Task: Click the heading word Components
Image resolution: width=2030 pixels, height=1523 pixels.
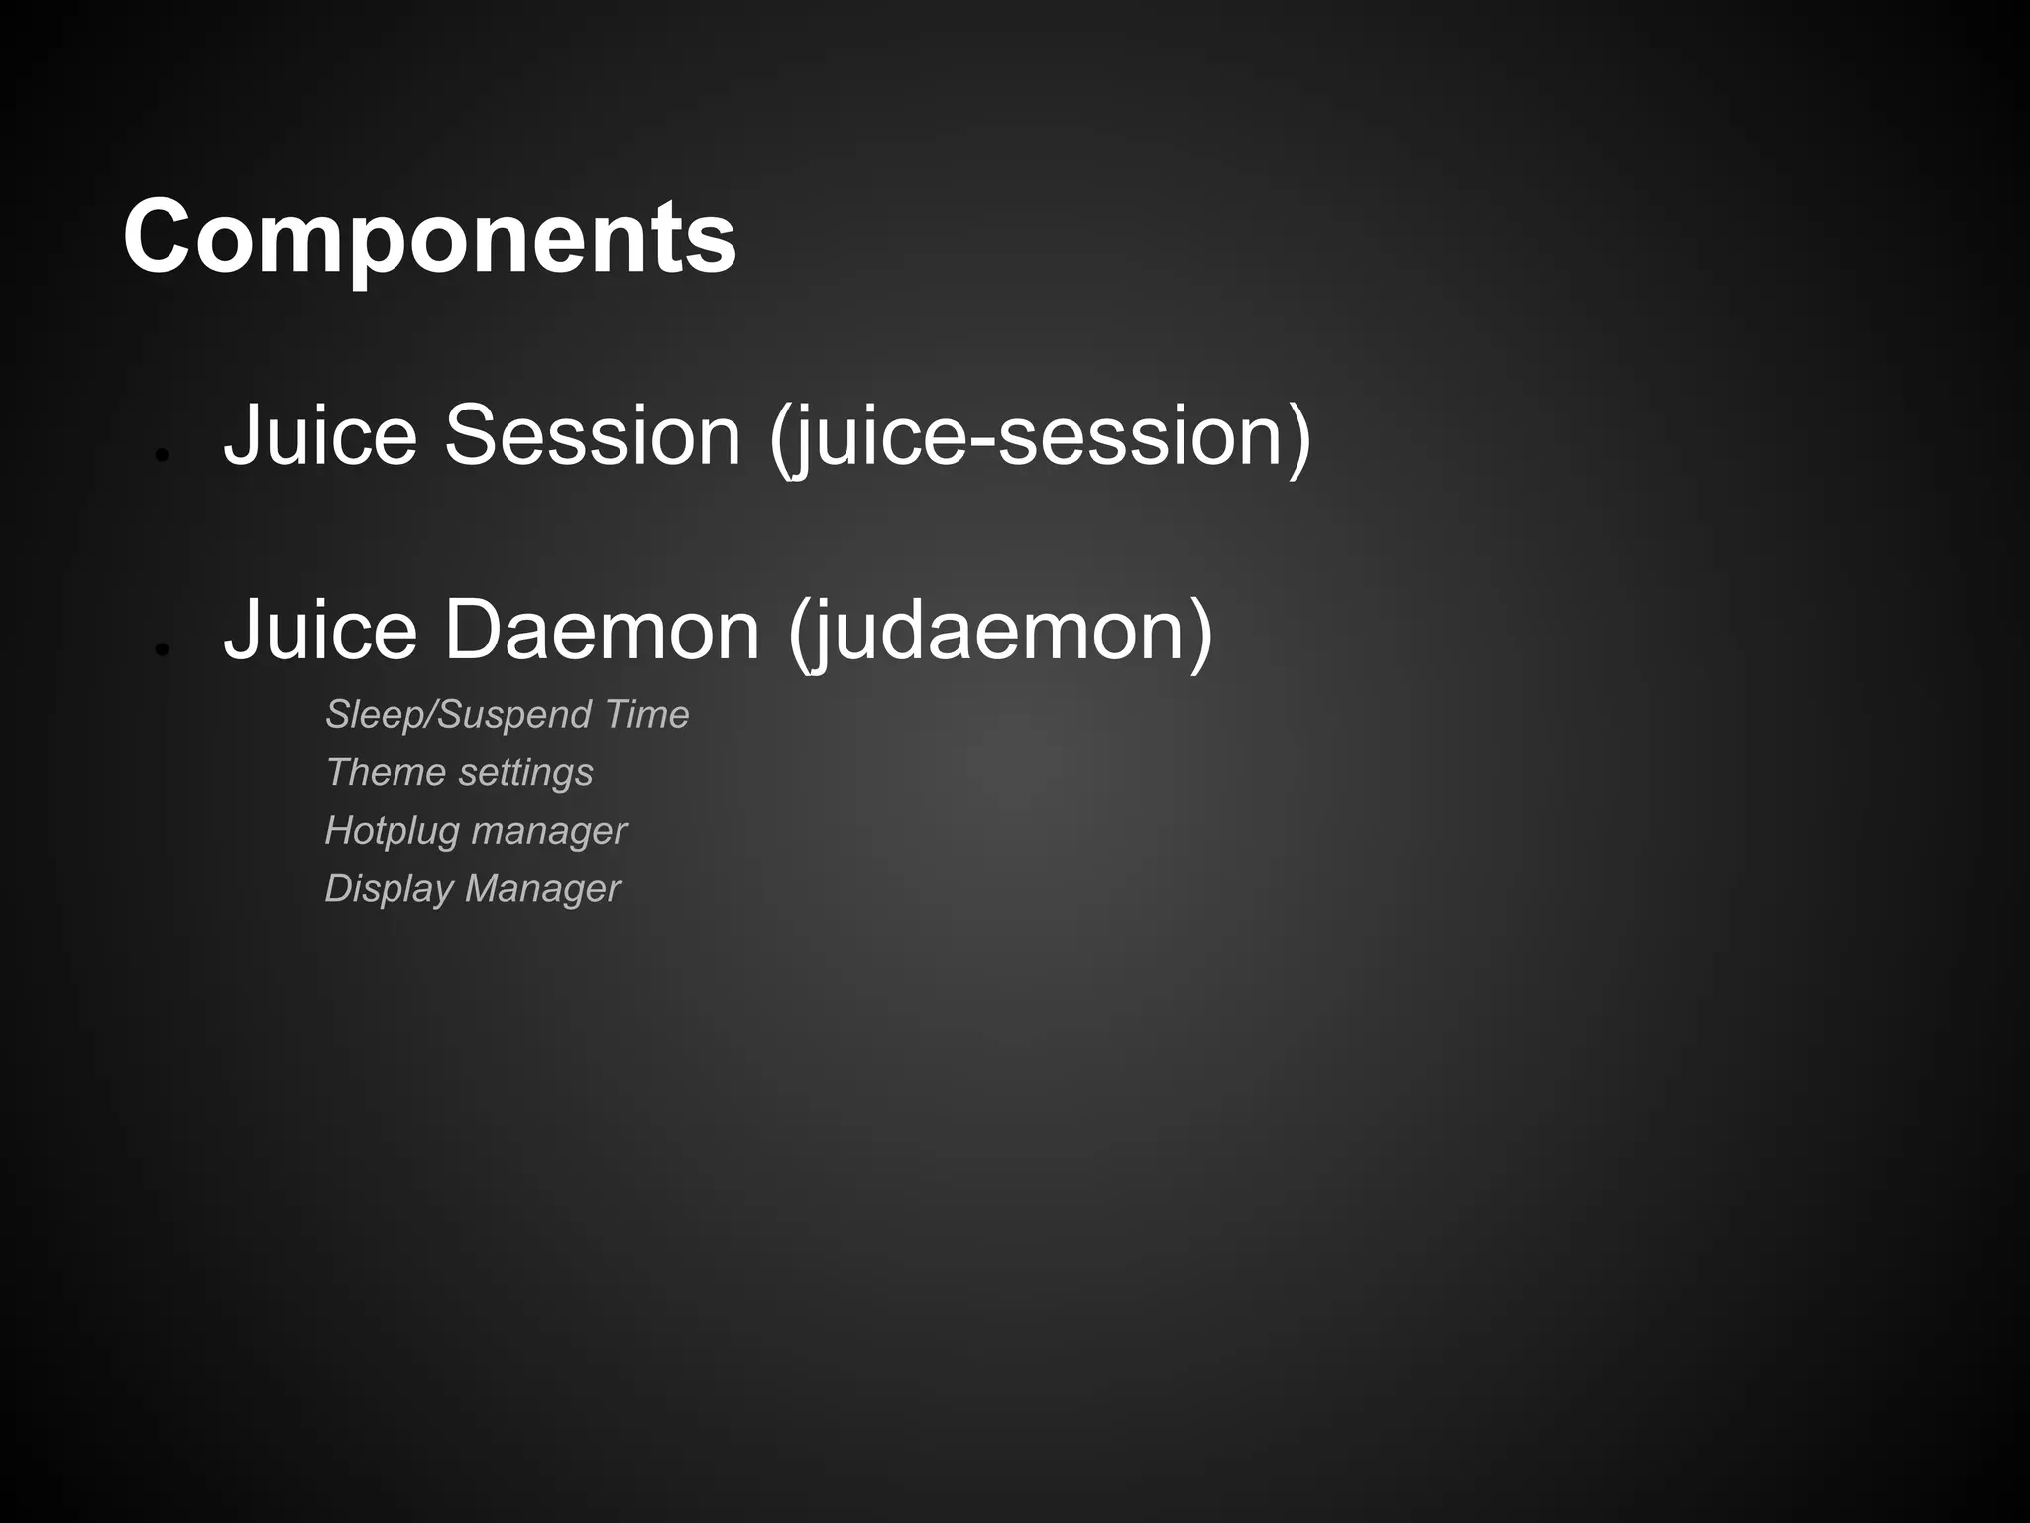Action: (x=429, y=238)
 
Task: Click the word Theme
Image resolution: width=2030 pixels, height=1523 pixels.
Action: (x=386, y=772)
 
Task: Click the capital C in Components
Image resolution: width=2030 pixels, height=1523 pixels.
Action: (x=162, y=238)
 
